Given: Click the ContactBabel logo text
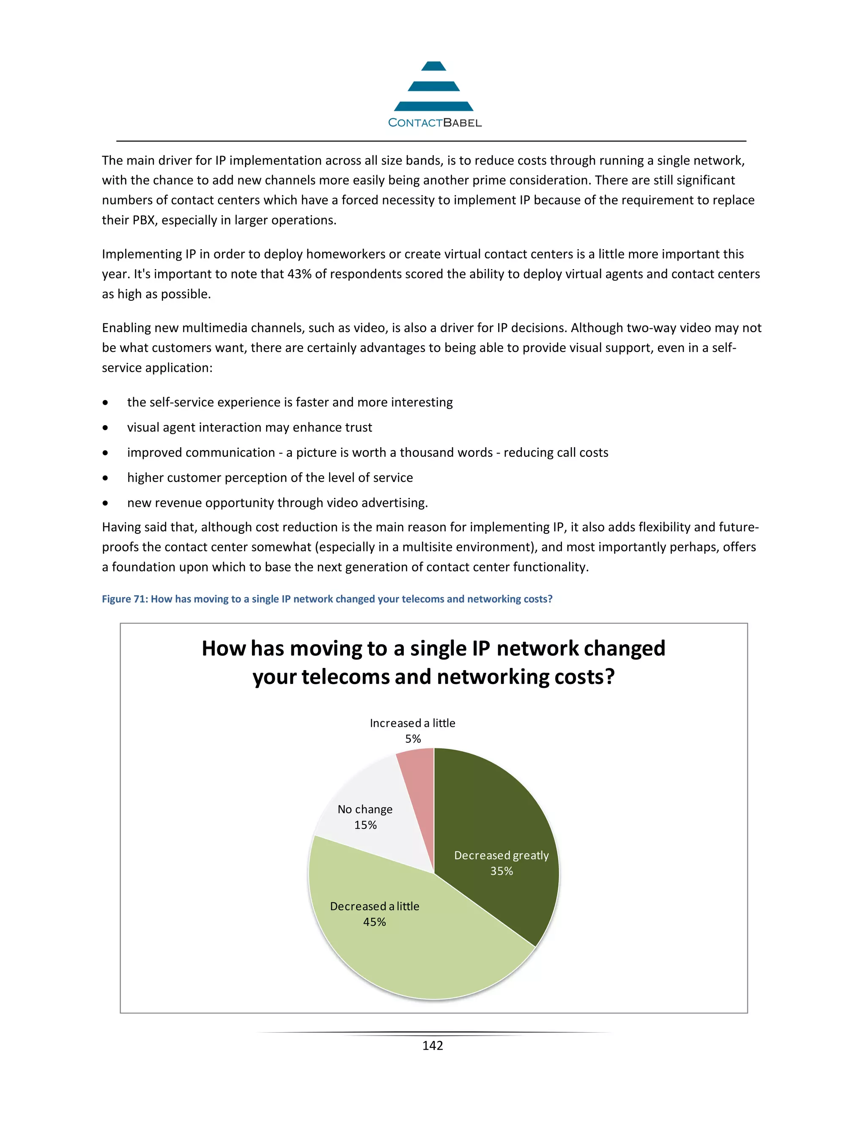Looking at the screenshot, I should [435, 123].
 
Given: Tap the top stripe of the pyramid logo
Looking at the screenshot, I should [433, 66].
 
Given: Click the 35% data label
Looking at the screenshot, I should [501, 871].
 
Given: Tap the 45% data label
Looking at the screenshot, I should [375, 922].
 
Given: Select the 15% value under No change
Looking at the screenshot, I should [365, 825].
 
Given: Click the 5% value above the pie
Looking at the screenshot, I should [413, 739].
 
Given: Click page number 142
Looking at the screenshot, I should [433, 1046].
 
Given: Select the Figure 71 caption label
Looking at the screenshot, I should [124, 599].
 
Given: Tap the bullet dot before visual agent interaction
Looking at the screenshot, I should [105, 428].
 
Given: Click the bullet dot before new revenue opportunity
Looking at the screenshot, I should [105, 503].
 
